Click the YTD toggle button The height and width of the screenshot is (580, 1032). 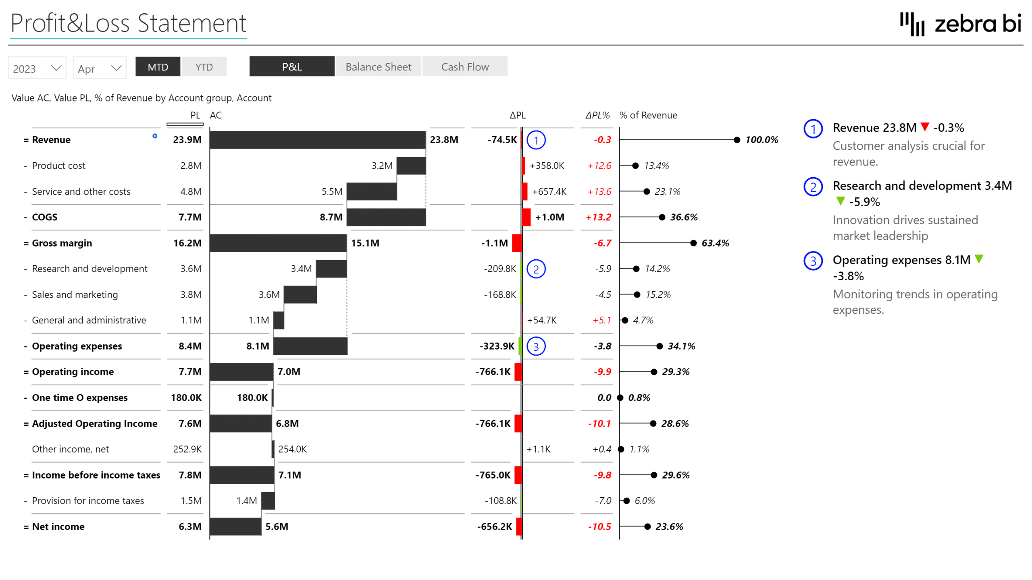click(204, 67)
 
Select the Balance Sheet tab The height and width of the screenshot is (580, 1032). click(378, 67)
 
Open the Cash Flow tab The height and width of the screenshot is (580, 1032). click(465, 67)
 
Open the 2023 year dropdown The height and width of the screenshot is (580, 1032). click(37, 68)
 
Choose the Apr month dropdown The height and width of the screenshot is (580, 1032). click(99, 68)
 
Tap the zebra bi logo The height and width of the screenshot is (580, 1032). click(961, 24)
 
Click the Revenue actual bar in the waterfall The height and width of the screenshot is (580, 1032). click(317, 140)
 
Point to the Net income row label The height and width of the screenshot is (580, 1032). click(58, 526)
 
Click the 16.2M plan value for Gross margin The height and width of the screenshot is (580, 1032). click(187, 243)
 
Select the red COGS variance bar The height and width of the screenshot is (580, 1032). click(526, 217)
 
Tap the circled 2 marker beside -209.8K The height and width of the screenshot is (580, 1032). click(536, 269)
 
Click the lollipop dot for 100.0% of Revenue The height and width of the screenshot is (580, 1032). click(737, 140)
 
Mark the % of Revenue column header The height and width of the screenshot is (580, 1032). click(648, 115)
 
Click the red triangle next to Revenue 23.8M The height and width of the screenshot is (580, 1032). click(925, 127)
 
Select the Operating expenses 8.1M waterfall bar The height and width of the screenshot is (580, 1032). click(310, 346)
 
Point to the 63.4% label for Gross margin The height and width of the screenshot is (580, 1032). click(715, 243)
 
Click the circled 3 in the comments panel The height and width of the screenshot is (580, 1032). click(813, 261)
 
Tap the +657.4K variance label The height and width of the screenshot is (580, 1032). click(549, 191)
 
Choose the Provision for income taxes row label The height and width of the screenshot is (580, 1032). click(88, 501)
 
